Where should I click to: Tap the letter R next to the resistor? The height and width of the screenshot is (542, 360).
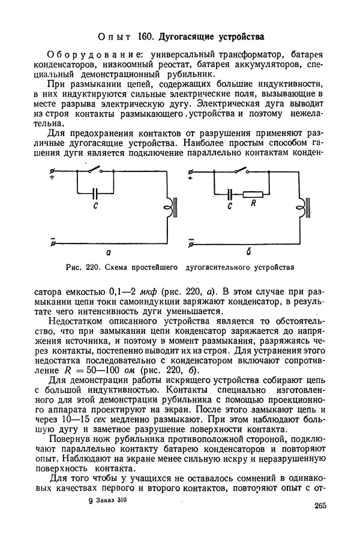pyautogui.click(x=254, y=205)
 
